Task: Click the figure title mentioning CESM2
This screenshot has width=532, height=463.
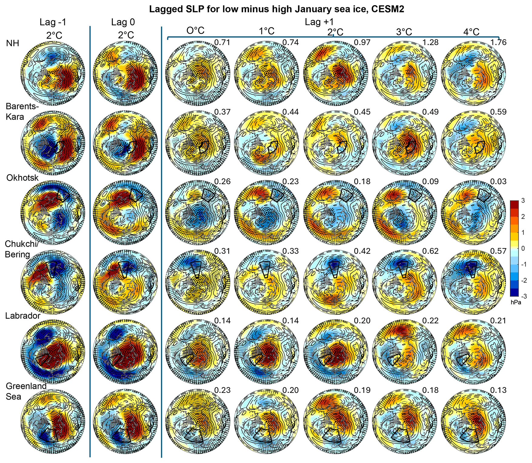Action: tap(277, 9)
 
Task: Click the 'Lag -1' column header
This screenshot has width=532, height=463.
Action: tap(53, 22)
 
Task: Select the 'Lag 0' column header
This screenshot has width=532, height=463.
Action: tap(123, 22)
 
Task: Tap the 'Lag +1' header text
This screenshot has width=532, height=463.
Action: tap(319, 22)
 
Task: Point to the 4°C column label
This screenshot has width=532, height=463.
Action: tap(471, 32)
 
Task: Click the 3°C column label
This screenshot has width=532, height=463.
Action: tap(404, 32)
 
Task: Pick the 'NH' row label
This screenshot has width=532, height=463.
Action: tap(12, 43)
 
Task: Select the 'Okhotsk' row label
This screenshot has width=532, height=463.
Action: tap(22, 177)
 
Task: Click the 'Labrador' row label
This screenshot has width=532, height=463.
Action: tap(23, 316)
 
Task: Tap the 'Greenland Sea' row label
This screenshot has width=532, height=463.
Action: tap(26, 391)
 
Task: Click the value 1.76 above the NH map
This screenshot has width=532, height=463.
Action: tap(498, 42)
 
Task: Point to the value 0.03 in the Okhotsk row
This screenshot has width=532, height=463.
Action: tap(498, 181)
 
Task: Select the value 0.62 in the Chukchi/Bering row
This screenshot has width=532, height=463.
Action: tap(430, 251)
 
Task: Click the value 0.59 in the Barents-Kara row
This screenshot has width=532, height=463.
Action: tap(498, 112)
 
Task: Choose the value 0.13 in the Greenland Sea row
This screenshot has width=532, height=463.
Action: tap(498, 390)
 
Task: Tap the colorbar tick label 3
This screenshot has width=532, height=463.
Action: tap(523, 201)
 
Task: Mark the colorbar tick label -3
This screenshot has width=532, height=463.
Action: tap(523, 296)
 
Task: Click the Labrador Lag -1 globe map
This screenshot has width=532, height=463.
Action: tap(53, 352)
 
